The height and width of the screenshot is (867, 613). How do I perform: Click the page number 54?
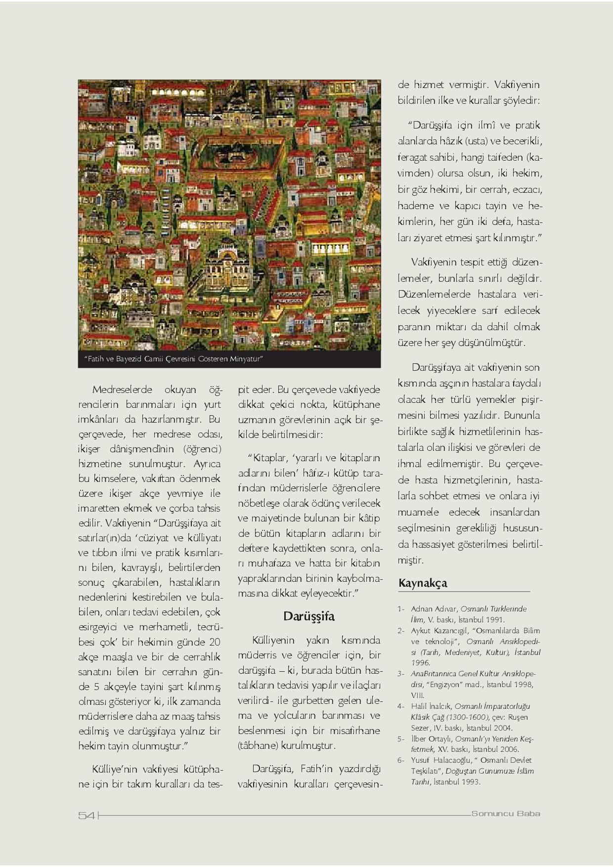click(87, 816)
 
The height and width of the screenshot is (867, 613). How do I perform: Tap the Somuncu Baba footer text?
click(505, 814)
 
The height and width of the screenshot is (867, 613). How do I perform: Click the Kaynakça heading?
click(423, 583)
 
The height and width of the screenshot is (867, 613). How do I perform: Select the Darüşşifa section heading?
click(309, 616)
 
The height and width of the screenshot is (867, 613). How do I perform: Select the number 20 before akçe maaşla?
click(215, 643)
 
